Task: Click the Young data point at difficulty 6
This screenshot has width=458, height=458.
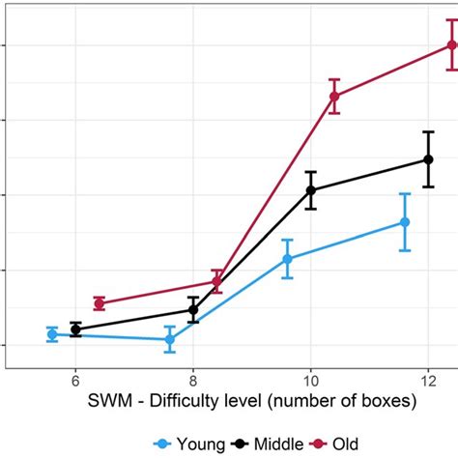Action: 52,334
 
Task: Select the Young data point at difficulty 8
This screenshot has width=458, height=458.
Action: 169,339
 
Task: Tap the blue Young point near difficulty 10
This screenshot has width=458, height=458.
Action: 287,259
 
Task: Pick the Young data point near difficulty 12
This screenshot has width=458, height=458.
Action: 405,222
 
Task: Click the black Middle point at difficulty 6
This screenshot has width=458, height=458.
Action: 75,329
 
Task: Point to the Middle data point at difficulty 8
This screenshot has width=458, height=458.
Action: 193,310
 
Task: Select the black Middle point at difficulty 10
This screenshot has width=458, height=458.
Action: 311,190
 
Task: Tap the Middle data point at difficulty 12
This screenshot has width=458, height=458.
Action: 428,159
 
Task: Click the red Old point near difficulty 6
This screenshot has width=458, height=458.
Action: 99,303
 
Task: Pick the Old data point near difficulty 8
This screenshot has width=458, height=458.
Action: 216,281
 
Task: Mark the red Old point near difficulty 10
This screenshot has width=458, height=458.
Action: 334,96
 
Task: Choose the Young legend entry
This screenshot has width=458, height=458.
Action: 188,444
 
